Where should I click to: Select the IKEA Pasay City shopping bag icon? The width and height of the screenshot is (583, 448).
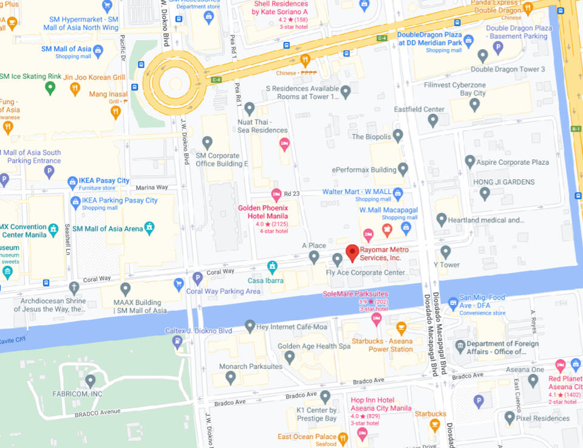coord(73,181)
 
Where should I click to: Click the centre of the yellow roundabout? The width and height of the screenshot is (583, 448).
coord(176,83)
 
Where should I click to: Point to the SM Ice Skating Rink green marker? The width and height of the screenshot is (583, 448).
coord(50,88)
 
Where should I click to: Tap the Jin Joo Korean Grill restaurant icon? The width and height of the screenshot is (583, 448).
coord(75,89)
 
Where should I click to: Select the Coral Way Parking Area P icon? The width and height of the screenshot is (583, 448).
coord(197,278)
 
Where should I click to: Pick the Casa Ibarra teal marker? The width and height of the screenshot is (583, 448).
coord(273,267)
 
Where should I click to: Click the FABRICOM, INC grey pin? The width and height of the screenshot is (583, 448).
coord(90,381)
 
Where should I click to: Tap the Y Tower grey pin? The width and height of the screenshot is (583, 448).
coord(446,251)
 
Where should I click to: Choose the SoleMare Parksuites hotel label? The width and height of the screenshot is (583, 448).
coord(355,294)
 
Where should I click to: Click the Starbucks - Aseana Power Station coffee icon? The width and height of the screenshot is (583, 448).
coord(401,328)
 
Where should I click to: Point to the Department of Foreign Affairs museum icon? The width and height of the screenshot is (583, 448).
coord(460,346)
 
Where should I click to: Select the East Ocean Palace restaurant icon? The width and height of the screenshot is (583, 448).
coord(343,437)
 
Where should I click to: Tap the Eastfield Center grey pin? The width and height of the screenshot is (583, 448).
coord(433,120)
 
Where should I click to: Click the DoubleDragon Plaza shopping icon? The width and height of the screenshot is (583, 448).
coord(468,42)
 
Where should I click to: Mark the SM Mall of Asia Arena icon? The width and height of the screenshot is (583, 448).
coord(149,228)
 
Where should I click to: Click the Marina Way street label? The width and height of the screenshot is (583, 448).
coord(152,187)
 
